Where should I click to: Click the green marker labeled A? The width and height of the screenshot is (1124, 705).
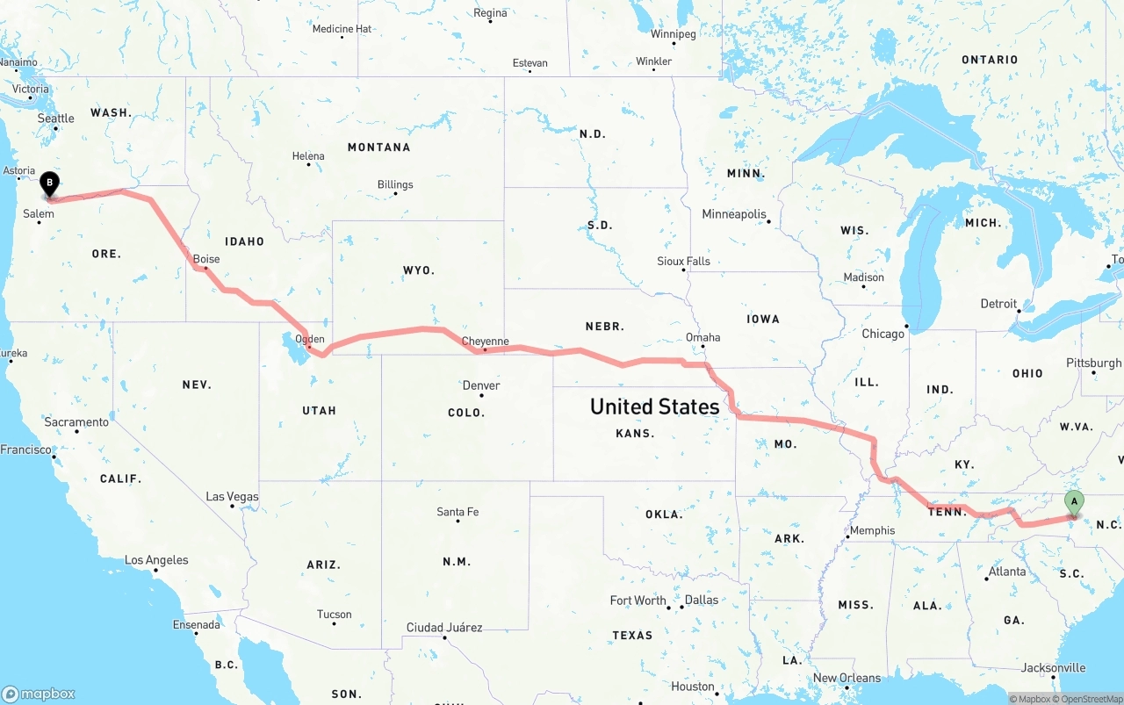coord(1073,502)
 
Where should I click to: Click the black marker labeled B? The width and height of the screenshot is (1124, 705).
coord(50,184)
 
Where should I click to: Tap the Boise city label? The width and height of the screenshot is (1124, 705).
coord(206,259)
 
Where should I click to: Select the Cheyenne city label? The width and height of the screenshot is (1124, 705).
coord(485,342)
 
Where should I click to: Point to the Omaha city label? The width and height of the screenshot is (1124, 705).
coord(702,337)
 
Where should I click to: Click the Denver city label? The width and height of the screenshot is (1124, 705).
coord(481,385)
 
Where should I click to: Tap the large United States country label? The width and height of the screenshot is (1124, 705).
coord(654,406)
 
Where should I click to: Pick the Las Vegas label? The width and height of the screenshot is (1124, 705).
coord(232,497)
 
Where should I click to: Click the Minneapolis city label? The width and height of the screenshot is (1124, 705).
coord(734,214)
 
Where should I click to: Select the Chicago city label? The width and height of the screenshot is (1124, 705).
coord(883,334)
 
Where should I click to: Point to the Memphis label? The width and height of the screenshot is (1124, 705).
coord(872,530)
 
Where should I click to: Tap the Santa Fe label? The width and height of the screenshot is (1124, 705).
coord(458,512)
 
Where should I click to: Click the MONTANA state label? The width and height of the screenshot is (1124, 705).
coord(378,147)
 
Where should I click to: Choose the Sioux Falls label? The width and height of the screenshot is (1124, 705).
coord(683,262)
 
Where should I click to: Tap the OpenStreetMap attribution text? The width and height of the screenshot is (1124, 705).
coord(1091,699)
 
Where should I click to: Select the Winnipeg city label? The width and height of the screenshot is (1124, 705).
coord(673,34)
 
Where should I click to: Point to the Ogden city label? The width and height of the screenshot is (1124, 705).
coord(310,339)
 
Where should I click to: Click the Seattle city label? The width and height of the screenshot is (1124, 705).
coord(55,119)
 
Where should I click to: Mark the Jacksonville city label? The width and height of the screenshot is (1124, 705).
coord(1054,668)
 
